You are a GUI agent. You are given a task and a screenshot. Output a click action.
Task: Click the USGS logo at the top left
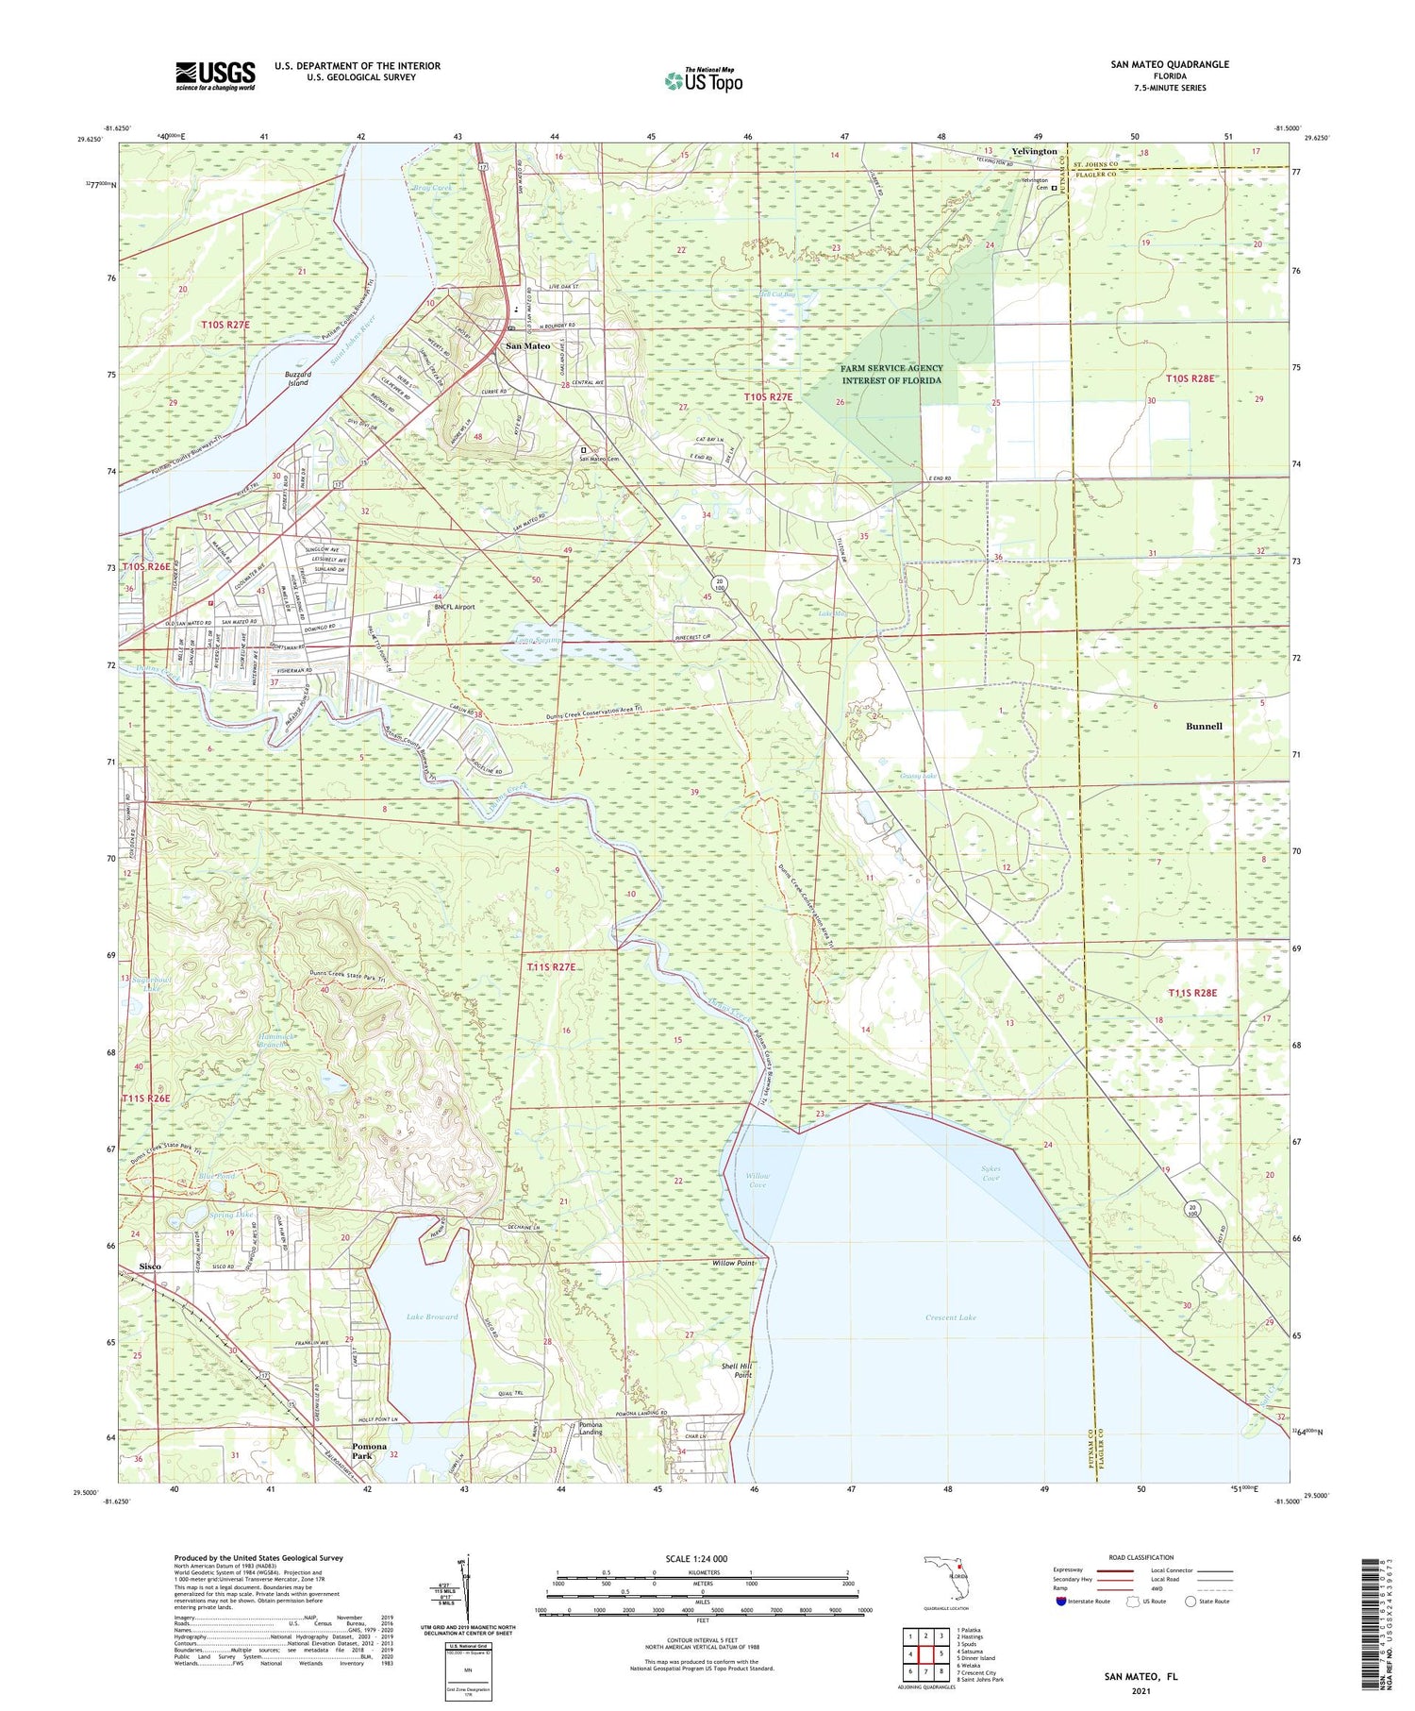coord(215,75)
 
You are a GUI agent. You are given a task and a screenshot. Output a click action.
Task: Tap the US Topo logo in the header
coord(703,80)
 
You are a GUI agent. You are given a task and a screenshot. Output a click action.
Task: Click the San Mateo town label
coord(528,346)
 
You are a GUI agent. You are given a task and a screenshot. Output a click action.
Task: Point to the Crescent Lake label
coord(950,1317)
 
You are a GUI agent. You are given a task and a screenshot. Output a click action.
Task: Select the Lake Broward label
coord(432,1317)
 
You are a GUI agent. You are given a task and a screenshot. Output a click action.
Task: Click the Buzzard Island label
coord(298,378)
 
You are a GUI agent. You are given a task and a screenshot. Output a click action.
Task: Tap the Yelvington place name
coord(1034,151)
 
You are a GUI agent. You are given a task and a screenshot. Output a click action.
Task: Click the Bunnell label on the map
coord(1204,726)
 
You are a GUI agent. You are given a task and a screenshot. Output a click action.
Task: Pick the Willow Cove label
coord(757,1180)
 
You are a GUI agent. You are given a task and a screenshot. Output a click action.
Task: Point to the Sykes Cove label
coord(990,1173)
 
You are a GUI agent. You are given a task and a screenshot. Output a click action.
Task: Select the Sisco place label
coord(150,1266)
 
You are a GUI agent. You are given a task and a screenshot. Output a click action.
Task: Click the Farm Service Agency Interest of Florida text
coord(891,374)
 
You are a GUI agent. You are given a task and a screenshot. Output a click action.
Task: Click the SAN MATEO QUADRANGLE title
coord(1170,64)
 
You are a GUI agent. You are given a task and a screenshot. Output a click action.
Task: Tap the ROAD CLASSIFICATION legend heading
coord(1141,1557)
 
